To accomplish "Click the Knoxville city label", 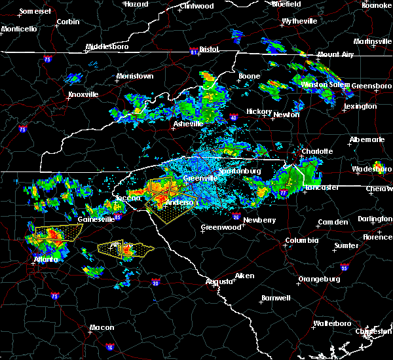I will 83,94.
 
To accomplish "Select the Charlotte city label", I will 317,151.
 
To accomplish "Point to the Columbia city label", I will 301,240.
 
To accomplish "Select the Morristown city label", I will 135,77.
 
